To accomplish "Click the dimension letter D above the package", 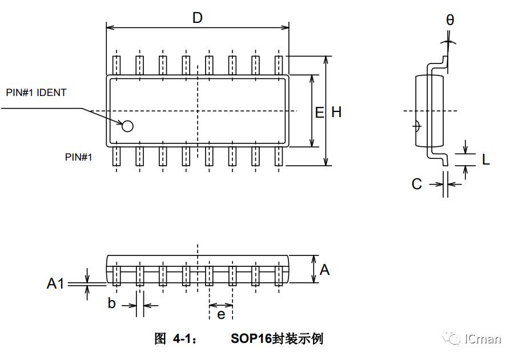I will (197, 18).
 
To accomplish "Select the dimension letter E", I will (319, 112).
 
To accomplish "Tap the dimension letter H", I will (336, 112).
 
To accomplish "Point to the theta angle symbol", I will (450, 20).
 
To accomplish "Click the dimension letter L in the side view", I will (485, 159).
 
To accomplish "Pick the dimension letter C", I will (417, 184).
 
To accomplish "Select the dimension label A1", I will (55, 283).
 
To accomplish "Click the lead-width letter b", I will (112, 303).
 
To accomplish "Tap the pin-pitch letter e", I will (221, 314).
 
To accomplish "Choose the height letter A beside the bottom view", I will (324, 269).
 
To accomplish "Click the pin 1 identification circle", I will (127, 126).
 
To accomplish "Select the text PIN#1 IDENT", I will (36, 92).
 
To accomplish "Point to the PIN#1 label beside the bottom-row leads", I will (78, 157).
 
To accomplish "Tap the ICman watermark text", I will (483, 339).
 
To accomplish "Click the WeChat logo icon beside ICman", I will (454, 339).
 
